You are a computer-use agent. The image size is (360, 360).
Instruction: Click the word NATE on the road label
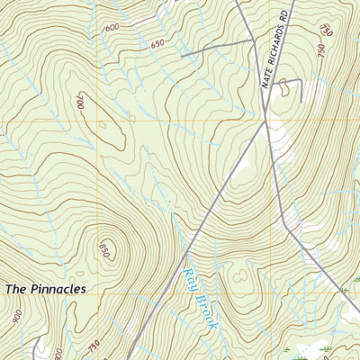click(266, 79)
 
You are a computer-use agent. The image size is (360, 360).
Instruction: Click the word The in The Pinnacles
click(17, 289)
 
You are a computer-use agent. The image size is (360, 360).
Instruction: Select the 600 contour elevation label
click(112, 28)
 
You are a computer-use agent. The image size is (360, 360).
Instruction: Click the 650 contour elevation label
click(158, 43)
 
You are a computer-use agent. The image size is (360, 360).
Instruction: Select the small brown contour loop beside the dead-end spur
click(286, 88)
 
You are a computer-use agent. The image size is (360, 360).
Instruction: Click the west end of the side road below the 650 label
click(182, 56)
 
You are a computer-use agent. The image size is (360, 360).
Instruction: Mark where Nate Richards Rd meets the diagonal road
click(267, 121)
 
